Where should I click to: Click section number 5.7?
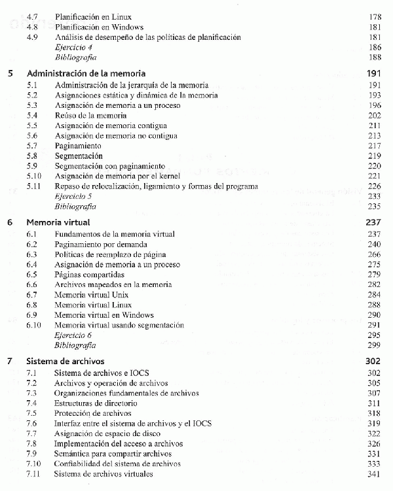tap(32, 145)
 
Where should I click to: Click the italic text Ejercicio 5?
tap(73, 195)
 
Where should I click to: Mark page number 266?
tap(375, 254)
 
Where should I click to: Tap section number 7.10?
tap(33, 464)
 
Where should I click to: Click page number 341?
tap(375, 473)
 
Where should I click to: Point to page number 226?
tap(375, 186)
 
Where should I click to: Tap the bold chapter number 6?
tap(9, 222)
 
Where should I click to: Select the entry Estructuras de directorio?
tap(96, 403)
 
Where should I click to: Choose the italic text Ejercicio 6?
tap(73, 335)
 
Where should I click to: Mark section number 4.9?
tap(32, 37)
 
